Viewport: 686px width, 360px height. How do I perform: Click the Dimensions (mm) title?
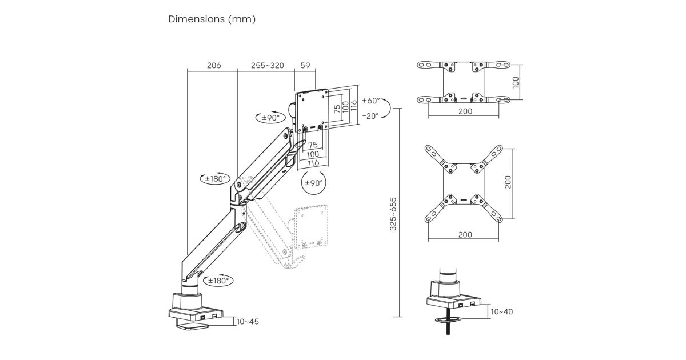[x=212, y=19]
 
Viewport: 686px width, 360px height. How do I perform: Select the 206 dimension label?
[x=213, y=66]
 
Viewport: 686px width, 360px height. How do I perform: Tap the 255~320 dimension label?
[x=267, y=66]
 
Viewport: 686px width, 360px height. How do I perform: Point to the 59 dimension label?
[x=305, y=66]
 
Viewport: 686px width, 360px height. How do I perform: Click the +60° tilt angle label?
[x=370, y=101]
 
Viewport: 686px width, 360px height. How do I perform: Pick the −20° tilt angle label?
[x=370, y=115]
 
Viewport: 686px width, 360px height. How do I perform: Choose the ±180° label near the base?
[x=218, y=281]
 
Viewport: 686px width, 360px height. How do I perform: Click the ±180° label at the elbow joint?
[x=218, y=179]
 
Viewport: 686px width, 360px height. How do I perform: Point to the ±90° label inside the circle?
[x=314, y=183]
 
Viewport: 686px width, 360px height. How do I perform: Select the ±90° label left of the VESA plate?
[x=269, y=118]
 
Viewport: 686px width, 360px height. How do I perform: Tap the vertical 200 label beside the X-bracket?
[x=508, y=182]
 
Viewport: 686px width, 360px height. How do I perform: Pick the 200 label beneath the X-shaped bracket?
[x=465, y=235]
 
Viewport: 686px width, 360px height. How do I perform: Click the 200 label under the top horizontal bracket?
[x=465, y=111]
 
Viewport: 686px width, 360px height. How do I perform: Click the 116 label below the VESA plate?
[x=313, y=163]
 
